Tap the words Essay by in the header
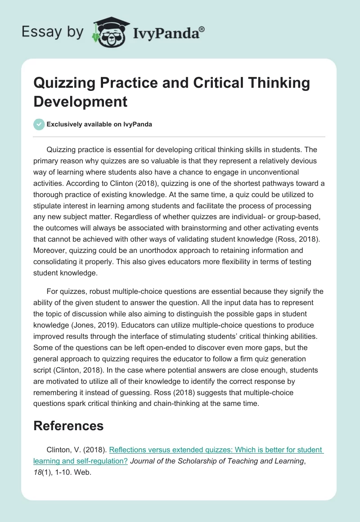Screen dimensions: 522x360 point(53,31)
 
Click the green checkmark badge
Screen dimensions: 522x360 point(39,124)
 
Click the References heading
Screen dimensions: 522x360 point(68,426)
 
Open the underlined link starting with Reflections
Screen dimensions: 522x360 point(216,450)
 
